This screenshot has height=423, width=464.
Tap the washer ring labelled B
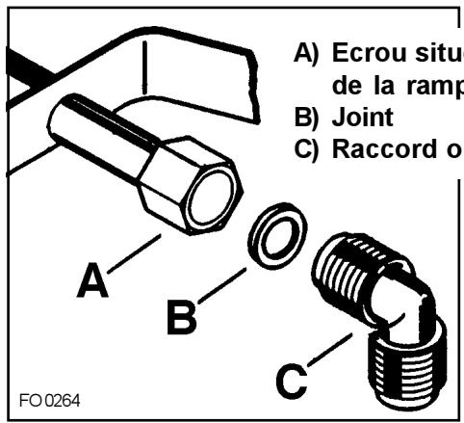coord(273,231)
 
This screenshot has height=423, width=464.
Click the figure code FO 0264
coord(48,396)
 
